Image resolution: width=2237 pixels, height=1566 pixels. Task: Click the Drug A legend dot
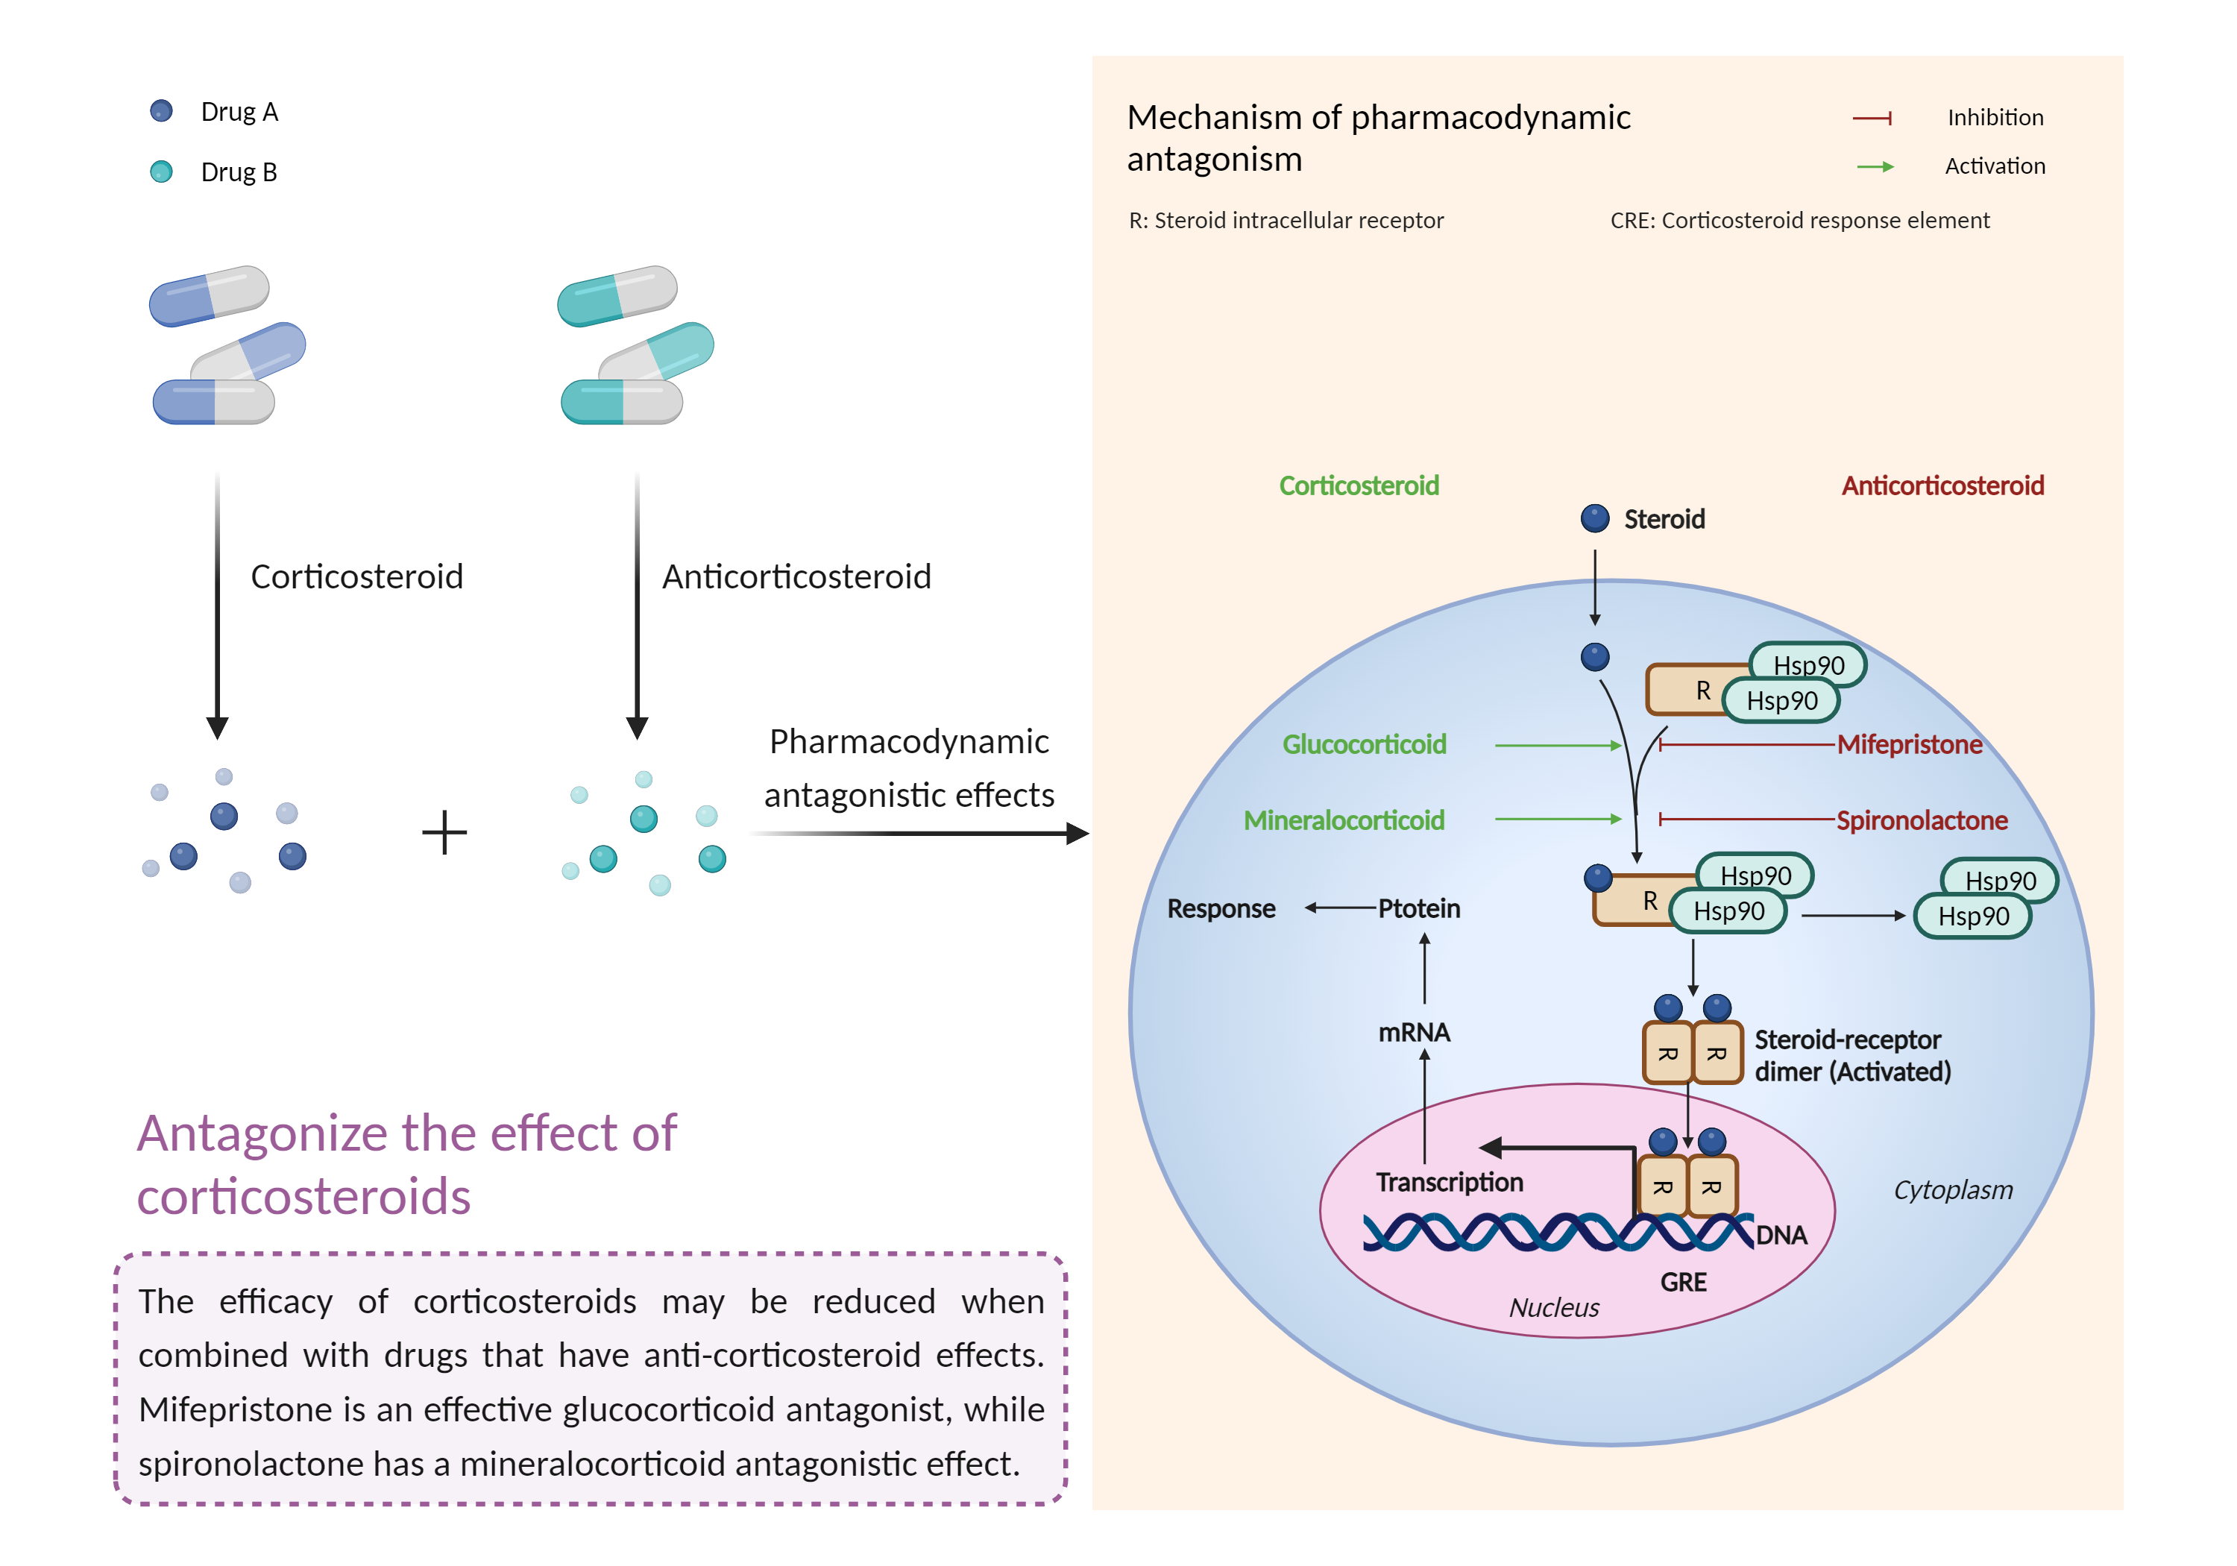161,111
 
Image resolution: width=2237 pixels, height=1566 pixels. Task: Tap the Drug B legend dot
161,172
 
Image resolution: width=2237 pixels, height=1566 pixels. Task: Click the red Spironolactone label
1922,820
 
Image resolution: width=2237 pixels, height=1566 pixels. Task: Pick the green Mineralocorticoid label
1344,820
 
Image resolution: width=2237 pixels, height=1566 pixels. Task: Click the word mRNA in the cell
1414,1032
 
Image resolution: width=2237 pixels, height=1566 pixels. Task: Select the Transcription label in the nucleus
1449,1182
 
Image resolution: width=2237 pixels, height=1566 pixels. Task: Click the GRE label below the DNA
1683,1283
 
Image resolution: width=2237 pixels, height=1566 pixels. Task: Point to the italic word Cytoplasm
1952,1190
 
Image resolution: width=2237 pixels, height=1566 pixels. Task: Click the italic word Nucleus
1554,1308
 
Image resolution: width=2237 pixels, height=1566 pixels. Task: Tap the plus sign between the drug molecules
444,833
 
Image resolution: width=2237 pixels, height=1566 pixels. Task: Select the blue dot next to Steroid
1594,518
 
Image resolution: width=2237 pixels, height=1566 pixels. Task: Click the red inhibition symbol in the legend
1872,118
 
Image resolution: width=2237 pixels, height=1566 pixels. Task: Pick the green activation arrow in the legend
1875,166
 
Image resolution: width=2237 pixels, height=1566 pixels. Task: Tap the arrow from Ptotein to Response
1340,908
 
